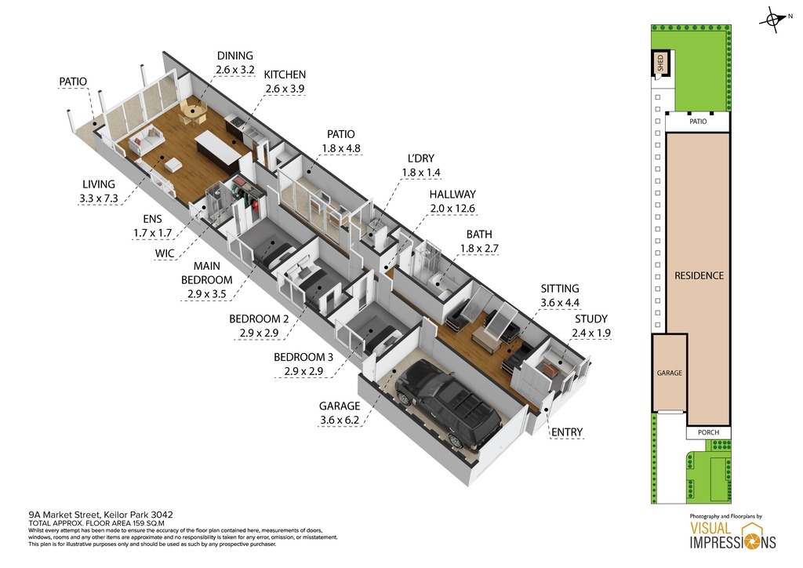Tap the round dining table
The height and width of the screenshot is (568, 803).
coord(193,111)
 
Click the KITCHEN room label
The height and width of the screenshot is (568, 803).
coord(285,75)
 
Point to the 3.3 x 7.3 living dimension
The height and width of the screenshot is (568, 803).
coord(98,198)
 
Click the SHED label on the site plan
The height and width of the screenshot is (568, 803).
coord(660,63)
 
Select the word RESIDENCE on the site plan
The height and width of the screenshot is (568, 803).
coord(699,275)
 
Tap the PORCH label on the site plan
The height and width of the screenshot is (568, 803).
coord(708,432)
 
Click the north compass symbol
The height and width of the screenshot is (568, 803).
coord(774,20)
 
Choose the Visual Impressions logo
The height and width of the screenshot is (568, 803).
coord(733,535)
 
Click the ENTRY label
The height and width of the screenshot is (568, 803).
coord(567,432)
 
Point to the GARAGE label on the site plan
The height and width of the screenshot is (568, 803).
coord(670,373)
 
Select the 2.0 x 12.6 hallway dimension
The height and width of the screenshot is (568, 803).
coord(452,209)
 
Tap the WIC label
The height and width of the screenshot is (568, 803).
coord(165,253)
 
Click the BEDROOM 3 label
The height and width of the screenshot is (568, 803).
coord(303,357)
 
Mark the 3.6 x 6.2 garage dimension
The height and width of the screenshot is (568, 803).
coord(340,421)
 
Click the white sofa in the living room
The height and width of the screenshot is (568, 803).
coord(146,140)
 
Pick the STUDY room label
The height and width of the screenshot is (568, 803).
coord(591,319)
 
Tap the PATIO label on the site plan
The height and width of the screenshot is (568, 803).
coord(698,122)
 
